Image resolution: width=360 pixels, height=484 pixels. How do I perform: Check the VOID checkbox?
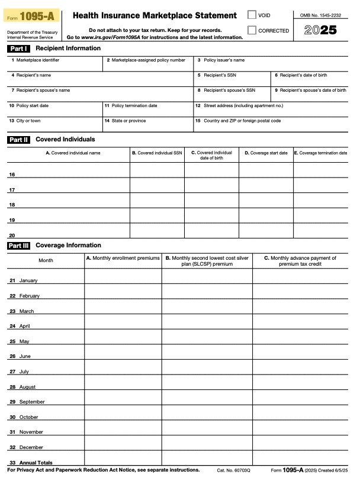(252, 15)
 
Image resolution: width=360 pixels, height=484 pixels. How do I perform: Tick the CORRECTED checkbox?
(252, 30)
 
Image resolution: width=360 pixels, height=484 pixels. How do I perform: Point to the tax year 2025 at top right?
(320, 30)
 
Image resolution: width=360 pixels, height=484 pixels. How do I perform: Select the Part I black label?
(18, 49)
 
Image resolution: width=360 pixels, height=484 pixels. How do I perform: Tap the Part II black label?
(18, 140)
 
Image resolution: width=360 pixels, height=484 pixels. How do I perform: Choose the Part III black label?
(18, 246)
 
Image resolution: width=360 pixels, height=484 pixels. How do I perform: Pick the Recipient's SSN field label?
(220, 75)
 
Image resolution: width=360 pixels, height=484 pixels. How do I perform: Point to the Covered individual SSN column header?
(157, 153)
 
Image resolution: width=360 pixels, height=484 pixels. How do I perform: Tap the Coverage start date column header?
(266, 153)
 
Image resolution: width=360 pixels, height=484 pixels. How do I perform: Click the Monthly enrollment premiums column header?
(123, 259)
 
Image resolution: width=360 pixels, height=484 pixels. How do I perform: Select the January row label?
(28, 280)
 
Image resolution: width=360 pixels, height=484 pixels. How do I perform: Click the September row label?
(31, 402)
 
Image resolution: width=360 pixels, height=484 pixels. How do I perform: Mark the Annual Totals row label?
(36, 463)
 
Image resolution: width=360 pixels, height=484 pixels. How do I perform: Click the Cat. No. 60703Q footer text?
(234, 470)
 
